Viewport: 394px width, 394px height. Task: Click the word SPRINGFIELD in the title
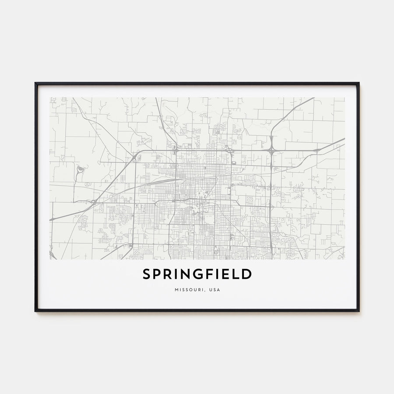(x=197, y=274)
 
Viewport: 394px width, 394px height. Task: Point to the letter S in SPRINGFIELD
(x=146, y=274)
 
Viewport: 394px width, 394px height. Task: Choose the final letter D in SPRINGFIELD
(x=247, y=274)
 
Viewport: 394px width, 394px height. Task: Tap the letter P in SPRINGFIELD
(x=157, y=274)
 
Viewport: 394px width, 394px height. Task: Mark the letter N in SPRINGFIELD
(x=188, y=274)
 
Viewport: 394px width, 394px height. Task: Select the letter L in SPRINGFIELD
(x=237, y=274)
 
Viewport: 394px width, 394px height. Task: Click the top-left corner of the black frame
(x=36, y=83)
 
